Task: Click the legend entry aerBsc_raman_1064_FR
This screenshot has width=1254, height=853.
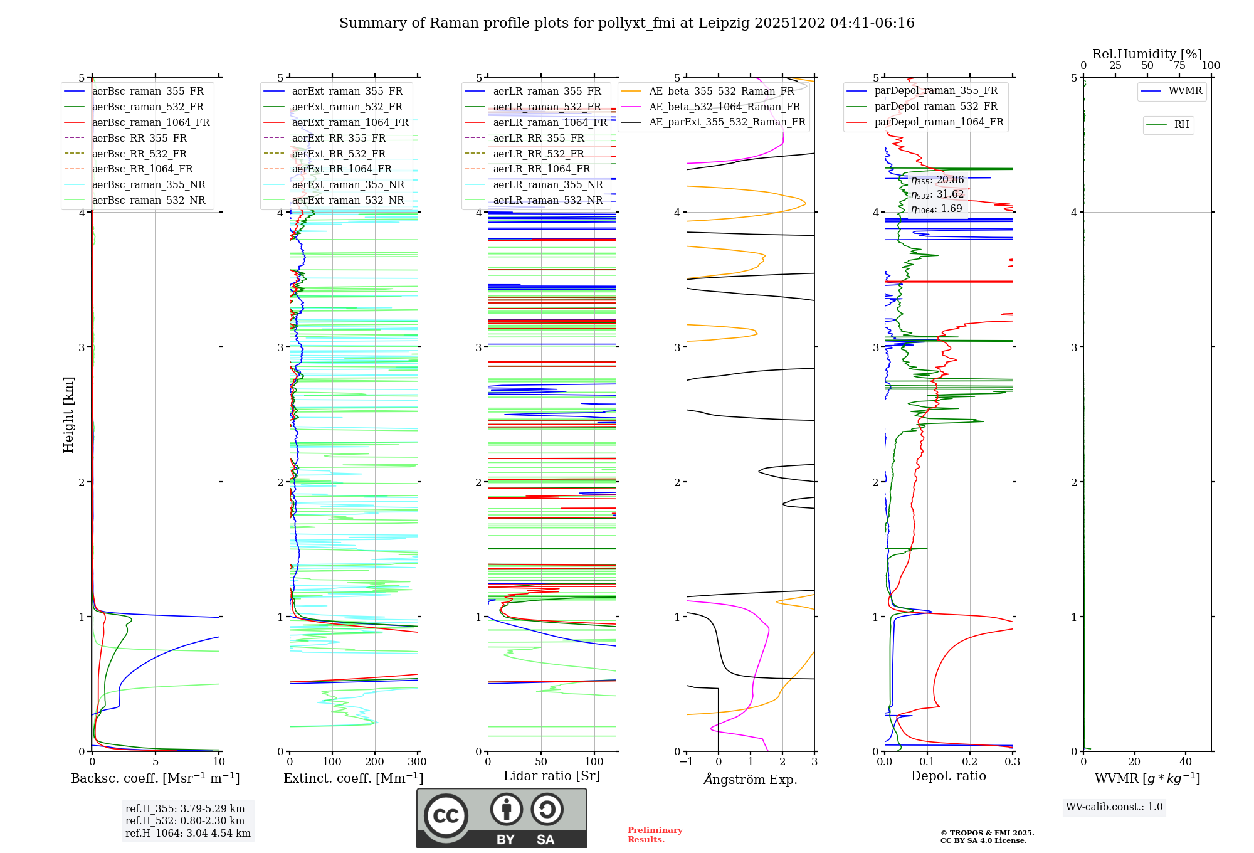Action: click(150, 122)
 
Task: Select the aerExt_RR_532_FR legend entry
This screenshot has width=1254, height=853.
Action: click(339, 154)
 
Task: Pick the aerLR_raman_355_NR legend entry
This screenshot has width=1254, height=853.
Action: click(547, 184)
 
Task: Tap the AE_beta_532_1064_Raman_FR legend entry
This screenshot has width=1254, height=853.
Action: click(724, 107)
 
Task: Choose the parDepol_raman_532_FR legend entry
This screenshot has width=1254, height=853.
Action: click(935, 107)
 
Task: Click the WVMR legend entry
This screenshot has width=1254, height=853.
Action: click(1185, 91)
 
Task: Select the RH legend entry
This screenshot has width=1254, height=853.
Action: click(1181, 125)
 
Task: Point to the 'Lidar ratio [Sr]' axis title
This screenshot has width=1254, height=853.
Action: click(551, 776)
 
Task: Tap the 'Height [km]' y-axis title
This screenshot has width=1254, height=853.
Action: click(68, 415)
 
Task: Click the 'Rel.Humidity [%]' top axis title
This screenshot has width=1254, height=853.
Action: click(1147, 54)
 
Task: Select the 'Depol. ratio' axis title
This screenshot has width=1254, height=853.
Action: click(948, 776)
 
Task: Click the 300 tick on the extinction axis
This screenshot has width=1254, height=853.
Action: click(417, 762)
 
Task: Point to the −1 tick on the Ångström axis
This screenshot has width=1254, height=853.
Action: click(686, 762)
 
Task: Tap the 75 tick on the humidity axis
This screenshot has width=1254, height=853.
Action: click(1179, 66)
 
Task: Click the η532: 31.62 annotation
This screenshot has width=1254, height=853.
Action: click(937, 194)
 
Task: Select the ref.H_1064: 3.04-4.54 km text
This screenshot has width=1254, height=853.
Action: click(187, 833)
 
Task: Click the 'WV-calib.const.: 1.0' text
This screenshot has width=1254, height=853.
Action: click(1114, 807)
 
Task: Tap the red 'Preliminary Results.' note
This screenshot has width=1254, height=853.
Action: click(655, 835)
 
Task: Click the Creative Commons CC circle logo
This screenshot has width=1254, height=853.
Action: click(446, 816)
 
